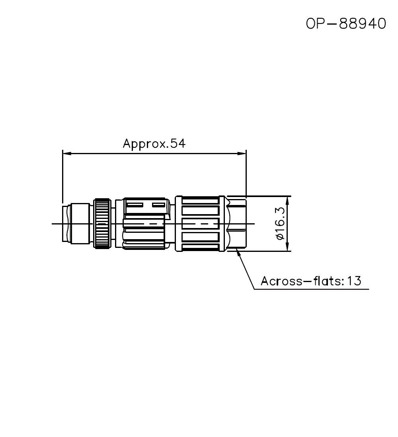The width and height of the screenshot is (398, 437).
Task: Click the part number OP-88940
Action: tap(346, 24)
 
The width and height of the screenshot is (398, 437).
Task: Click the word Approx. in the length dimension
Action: tap(143, 143)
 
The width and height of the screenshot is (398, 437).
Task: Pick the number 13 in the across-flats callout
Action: tap(353, 281)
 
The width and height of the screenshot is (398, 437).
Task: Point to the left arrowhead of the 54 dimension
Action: tap(66, 153)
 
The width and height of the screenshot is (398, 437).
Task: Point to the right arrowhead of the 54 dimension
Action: tap(242, 153)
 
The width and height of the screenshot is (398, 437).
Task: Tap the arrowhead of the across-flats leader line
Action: tap(239, 253)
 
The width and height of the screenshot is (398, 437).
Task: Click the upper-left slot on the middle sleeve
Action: tap(135, 205)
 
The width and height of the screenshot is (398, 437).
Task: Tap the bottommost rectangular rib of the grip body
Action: tap(200, 248)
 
